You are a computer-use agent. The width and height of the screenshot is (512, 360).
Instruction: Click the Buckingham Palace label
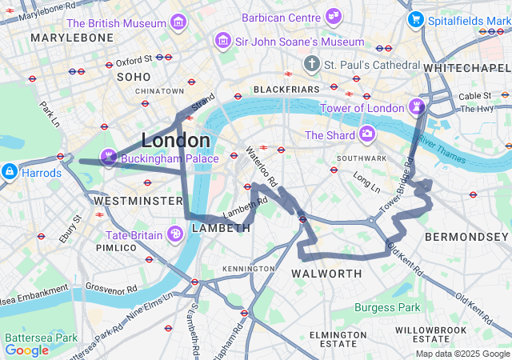click(x=170, y=158)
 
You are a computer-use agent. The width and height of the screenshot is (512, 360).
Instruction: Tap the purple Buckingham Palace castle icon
click(x=108, y=155)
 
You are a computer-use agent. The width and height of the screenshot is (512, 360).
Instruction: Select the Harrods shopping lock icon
click(x=9, y=171)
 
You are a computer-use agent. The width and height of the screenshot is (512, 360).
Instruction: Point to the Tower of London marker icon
click(x=417, y=106)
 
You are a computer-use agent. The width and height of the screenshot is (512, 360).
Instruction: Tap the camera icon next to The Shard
click(x=366, y=134)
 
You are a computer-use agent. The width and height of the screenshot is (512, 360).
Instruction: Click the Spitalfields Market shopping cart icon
click(x=414, y=18)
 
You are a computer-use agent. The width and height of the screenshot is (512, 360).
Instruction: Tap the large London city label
click(x=176, y=140)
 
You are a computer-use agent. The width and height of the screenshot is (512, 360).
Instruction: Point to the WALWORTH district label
click(x=326, y=274)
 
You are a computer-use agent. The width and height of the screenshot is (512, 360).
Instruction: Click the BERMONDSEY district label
click(x=466, y=237)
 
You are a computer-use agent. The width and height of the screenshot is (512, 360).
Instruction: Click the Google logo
click(x=26, y=350)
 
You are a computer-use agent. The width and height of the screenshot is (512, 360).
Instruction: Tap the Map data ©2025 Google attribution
click(x=462, y=354)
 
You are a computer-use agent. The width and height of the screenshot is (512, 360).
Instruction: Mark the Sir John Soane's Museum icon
click(x=222, y=40)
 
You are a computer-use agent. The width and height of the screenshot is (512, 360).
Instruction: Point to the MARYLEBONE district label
click(x=60, y=38)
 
